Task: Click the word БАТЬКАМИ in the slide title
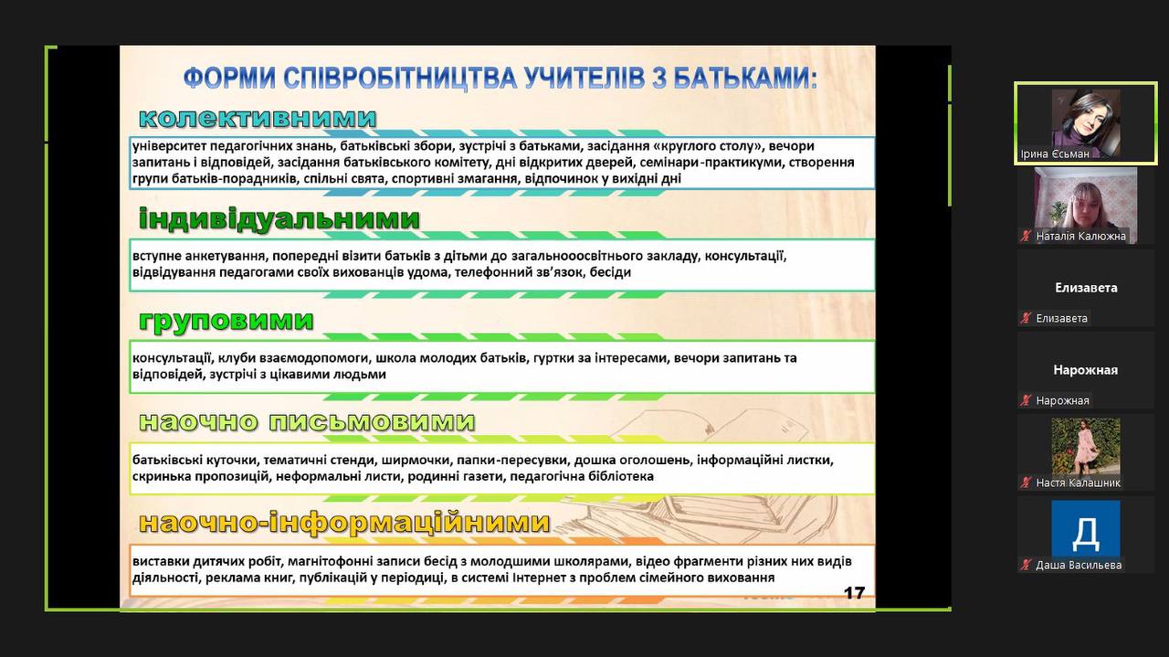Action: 744,79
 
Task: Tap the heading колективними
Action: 258,118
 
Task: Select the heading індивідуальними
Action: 279,218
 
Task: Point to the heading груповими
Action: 226,320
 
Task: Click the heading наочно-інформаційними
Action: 344,523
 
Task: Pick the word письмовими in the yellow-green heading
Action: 372,421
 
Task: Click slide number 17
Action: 854,593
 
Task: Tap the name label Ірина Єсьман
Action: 1055,154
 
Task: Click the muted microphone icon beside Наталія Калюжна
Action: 1026,236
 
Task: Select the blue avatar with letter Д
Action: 1086,528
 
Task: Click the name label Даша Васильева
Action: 1079,565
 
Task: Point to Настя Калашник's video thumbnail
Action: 1086,446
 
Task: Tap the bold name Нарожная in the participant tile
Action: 1086,370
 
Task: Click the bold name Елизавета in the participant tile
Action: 1086,288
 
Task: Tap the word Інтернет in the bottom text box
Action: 538,578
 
